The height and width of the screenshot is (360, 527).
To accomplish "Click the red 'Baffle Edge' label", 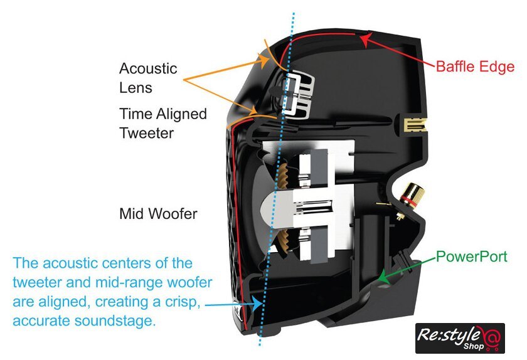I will (475, 66).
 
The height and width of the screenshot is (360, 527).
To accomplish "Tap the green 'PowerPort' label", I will (471, 256).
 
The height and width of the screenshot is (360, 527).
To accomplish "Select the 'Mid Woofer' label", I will (158, 214).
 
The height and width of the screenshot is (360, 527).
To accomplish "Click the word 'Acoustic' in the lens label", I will (148, 68).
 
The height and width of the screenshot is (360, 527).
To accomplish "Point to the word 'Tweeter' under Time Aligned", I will (146, 133).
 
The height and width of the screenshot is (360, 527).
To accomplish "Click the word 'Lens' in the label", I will (136, 87).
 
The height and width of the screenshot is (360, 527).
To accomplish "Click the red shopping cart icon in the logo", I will (491, 338).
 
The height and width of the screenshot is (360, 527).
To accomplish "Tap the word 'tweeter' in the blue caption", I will (38, 282).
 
